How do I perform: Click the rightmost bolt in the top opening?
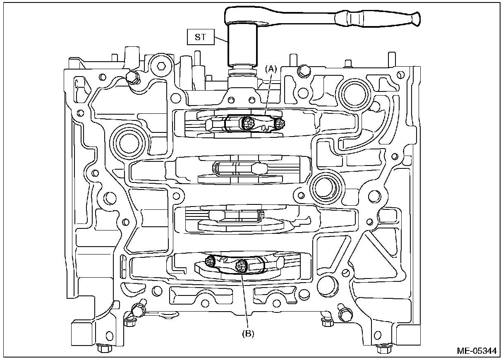coord(280,122)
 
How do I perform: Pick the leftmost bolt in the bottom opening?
coord(210,261)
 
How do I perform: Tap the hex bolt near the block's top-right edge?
coord(304,71)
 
